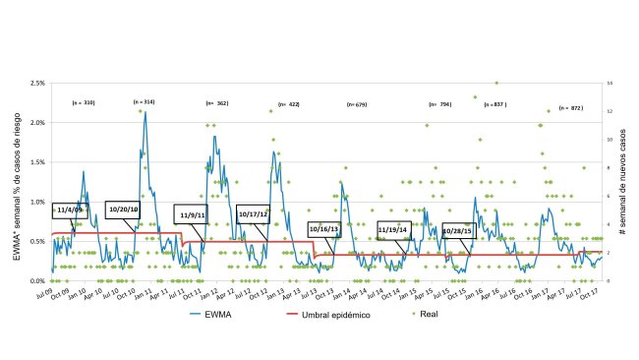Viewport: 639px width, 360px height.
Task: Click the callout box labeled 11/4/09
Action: (70, 210)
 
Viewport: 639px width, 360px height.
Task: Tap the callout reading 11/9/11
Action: (193, 213)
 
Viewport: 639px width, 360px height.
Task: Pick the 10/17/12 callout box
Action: (253, 213)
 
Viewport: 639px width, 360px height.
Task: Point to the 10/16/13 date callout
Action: (323, 228)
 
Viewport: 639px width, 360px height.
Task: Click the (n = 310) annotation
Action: (84, 102)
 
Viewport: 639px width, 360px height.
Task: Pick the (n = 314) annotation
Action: (144, 102)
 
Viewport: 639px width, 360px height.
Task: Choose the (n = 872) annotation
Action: (570, 107)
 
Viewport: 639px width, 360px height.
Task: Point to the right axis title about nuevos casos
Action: (626, 183)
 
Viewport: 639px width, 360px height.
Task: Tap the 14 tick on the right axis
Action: (611, 84)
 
